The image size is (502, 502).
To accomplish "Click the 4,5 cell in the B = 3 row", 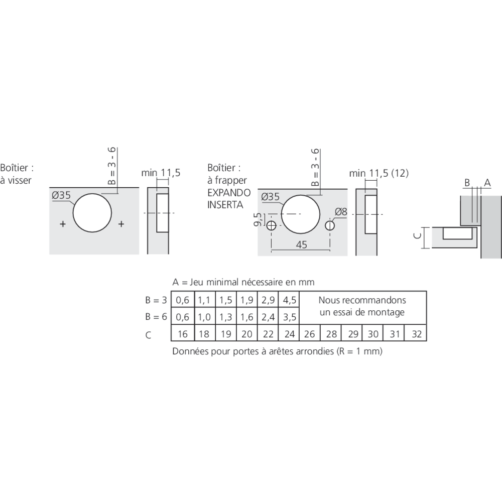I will coord(289,301).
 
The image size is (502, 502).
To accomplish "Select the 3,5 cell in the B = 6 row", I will coord(289,317).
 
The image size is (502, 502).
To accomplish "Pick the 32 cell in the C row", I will coord(416,334).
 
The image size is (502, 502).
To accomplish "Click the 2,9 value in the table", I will coord(268,301).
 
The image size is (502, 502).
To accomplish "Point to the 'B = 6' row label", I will coord(156,317).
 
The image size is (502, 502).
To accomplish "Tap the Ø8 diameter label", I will coord(341,212).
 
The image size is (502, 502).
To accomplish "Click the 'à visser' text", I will coord(16,180).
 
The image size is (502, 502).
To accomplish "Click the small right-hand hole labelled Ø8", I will coord(330,225).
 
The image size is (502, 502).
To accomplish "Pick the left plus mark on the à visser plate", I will coord(62,224).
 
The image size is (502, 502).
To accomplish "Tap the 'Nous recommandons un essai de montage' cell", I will coord(362,306).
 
